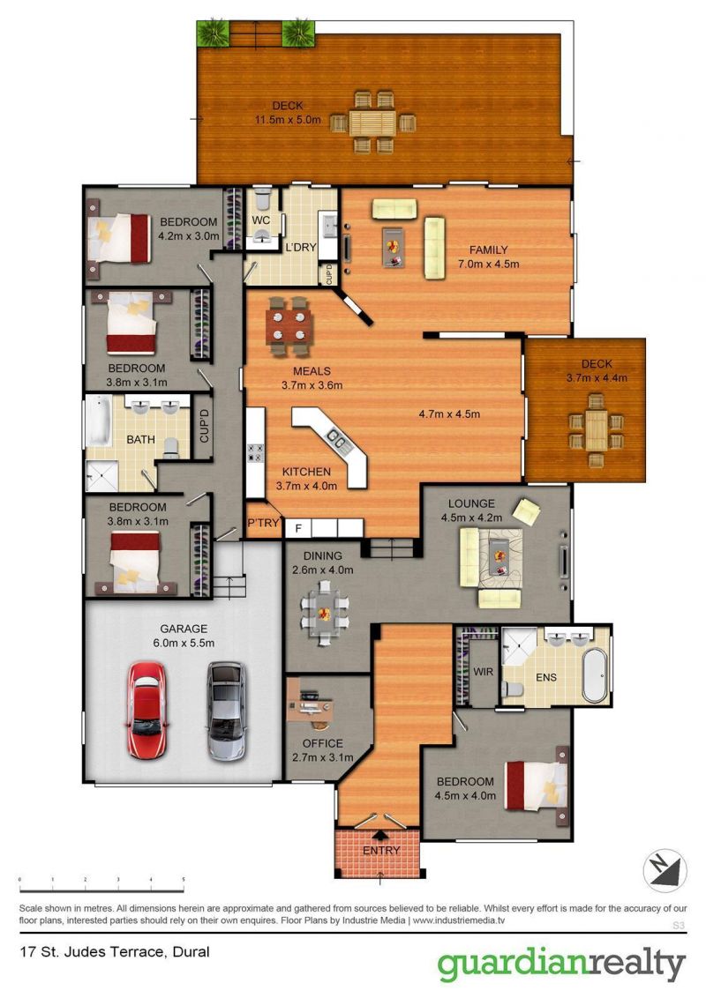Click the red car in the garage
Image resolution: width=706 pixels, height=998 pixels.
(146, 711)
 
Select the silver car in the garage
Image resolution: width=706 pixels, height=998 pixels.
(224, 711)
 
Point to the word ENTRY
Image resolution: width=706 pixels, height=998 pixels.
(381, 851)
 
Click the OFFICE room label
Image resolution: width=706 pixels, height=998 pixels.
(322, 743)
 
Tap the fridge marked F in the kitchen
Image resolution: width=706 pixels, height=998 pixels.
(298, 528)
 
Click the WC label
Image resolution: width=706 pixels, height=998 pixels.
(260, 219)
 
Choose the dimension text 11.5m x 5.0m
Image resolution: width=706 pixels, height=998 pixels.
(288, 120)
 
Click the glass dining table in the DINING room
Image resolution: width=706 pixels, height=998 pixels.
(324, 607)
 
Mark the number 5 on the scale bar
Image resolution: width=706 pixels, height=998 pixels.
(184, 880)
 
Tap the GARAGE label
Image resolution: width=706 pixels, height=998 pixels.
(184, 629)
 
